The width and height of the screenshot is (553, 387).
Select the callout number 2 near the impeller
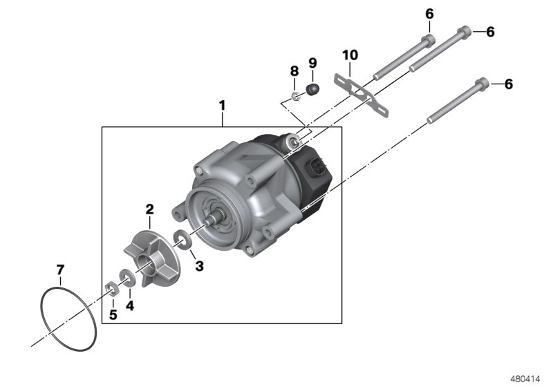point(149,208)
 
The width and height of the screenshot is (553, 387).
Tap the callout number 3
point(198,265)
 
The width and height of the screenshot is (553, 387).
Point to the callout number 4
point(129,304)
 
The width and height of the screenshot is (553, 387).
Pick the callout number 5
point(113,314)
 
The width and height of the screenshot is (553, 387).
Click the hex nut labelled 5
point(109,287)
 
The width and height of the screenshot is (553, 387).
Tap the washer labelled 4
point(126,279)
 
